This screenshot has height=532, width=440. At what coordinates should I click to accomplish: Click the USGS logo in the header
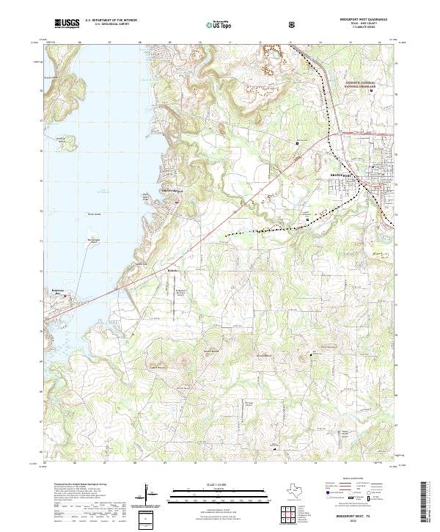pyautogui.click(x=67, y=24)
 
